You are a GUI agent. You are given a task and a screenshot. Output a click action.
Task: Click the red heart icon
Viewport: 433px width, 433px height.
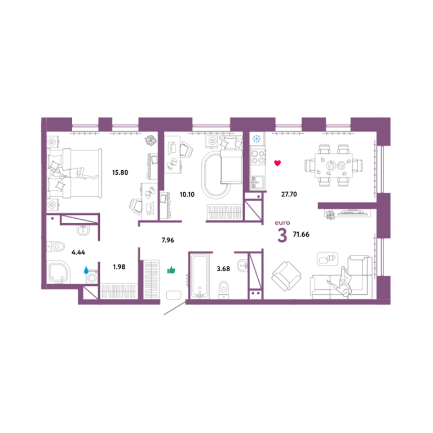pos(277,163)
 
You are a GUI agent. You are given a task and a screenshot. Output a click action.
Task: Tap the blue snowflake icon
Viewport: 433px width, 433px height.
pos(257,139)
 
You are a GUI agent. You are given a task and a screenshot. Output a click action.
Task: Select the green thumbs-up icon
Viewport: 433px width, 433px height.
pos(171,270)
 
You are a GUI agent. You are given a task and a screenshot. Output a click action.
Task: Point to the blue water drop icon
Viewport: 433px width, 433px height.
pos(86,270)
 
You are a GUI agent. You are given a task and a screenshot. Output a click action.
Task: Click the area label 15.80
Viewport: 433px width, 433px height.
pos(120,173)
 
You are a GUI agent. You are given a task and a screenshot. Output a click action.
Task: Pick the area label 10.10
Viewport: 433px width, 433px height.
pos(187,195)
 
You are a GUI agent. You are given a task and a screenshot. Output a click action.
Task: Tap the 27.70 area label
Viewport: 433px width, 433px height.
pos(289,194)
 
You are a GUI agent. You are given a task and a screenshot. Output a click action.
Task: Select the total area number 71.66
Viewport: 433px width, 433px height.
pos(301,235)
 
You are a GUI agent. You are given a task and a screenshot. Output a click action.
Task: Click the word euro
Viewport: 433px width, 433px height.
pos(282,223)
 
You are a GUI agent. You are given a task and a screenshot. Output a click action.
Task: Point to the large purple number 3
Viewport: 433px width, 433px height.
pos(282,236)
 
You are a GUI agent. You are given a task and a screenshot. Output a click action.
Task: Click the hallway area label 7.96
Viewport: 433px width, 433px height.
pos(168,240)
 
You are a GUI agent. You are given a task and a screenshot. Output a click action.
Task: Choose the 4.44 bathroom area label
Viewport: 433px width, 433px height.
pos(78,252)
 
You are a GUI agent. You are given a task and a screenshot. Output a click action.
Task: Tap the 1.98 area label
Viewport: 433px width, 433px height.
pos(120,267)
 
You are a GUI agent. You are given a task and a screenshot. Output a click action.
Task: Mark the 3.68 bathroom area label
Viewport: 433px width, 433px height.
pos(223,269)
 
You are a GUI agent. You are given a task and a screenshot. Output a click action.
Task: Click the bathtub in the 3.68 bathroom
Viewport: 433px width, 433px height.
pos(200,277)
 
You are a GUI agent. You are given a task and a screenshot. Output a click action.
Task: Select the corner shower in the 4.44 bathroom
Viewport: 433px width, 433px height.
pos(59,273)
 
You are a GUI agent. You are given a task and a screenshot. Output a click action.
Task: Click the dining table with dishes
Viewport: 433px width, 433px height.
pos(334,166)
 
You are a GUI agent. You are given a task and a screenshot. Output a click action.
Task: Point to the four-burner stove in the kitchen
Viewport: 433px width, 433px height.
pos(258,157)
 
